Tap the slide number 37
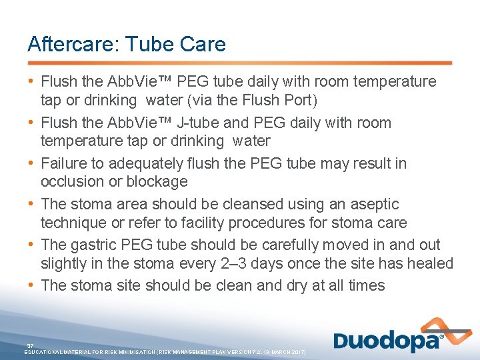(x=30, y=345)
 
